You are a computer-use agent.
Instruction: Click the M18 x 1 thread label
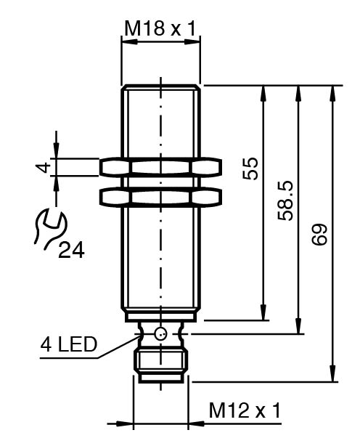[160, 29]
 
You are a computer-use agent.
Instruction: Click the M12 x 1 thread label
[245, 410]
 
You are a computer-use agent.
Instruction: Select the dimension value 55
[251, 169]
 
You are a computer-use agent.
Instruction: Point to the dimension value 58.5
[285, 200]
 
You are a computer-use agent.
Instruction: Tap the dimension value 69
[319, 234]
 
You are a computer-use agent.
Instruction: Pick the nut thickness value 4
[44, 166]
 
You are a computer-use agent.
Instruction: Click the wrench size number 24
[71, 251]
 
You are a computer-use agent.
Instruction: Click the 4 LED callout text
[69, 345]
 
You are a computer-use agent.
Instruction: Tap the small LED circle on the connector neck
[160, 333]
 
